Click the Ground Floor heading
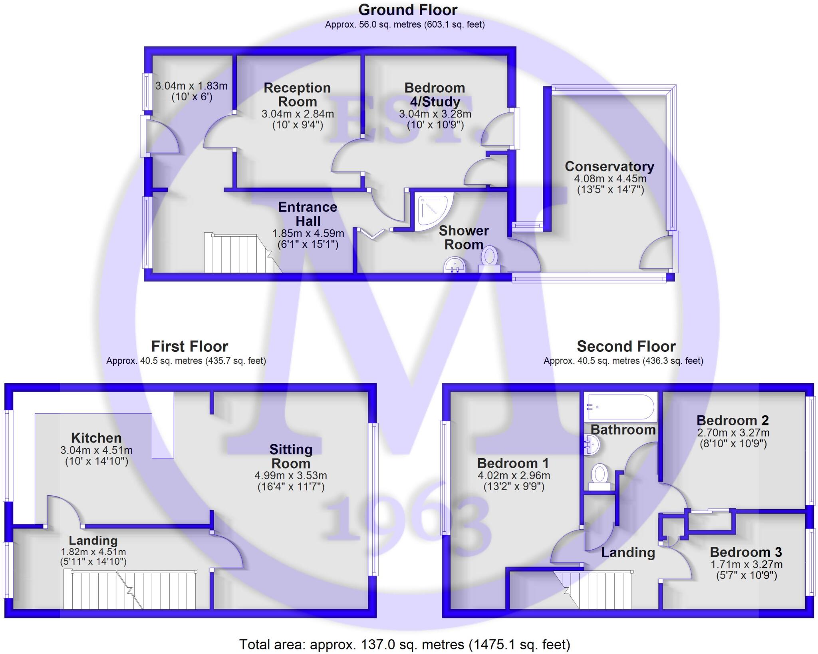pos(407,10)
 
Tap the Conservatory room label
pos(609,166)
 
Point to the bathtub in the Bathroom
pos(619,407)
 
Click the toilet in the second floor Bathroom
pos(599,476)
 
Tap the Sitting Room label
pos(290,457)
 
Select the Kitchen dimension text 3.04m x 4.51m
pos(97,450)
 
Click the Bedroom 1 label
pos(513,463)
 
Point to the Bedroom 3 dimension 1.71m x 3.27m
pos(746,564)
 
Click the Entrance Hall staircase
pos(240,253)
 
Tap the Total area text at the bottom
pos(405,644)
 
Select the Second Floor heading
pos(626,346)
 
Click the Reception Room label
pos(297,95)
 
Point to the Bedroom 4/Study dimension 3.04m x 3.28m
pos(435,114)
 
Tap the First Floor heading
pos(189,346)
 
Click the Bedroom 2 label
pos(733,420)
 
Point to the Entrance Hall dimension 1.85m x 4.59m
pos(308,233)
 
